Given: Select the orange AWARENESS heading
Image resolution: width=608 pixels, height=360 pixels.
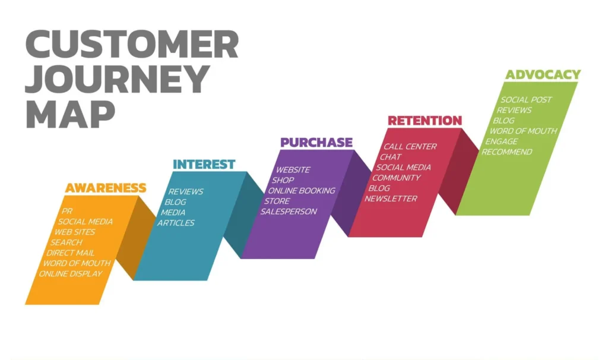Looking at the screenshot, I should click(x=106, y=188).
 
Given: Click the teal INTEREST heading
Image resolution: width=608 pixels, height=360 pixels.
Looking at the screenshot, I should click(x=204, y=164).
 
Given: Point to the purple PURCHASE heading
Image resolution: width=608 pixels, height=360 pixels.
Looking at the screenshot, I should click(x=316, y=143).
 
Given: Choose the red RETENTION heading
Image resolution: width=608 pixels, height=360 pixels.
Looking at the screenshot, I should click(x=425, y=121).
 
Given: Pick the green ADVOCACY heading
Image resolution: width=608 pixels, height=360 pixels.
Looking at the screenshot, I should click(x=543, y=75).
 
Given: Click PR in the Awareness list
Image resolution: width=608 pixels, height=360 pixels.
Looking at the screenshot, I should click(x=67, y=211).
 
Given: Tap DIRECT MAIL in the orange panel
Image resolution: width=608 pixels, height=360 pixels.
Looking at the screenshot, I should click(x=71, y=252).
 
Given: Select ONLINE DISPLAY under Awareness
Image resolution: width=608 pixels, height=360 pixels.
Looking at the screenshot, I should click(x=71, y=274).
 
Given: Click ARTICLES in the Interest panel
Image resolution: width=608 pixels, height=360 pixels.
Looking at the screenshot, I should click(x=176, y=223).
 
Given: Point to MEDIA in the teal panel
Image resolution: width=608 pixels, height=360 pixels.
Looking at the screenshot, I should click(x=173, y=213).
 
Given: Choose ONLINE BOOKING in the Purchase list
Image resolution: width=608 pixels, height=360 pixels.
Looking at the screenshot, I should click(x=302, y=191).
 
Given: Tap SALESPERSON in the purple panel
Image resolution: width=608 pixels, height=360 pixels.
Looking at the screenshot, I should click(x=289, y=211).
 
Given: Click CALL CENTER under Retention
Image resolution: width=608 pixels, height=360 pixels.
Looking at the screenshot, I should click(x=410, y=146).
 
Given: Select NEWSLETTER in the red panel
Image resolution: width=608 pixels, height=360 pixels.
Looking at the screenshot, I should click(x=391, y=198).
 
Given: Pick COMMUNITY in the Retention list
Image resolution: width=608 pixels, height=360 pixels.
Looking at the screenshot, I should click(x=397, y=178).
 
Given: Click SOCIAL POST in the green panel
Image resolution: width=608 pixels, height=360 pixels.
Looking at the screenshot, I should click(x=526, y=100).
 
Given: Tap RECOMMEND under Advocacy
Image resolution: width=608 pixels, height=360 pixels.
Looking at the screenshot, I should click(x=507, y=152).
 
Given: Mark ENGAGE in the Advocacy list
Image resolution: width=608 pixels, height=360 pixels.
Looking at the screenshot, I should click(x=502, y=141).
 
